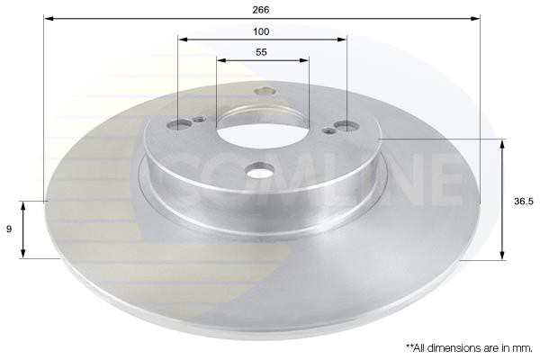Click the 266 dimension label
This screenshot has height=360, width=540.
(261, 10)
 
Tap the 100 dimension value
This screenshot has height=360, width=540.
(261, 32)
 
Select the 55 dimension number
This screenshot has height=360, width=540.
(261, 52)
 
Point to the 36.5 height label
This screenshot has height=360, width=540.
(524, 202)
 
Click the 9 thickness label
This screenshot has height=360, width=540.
(9, 229)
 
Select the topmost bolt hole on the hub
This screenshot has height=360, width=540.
(265, 91)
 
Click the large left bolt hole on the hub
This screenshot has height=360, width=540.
(179, 124)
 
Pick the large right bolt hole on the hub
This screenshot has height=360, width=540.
(347, 126)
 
